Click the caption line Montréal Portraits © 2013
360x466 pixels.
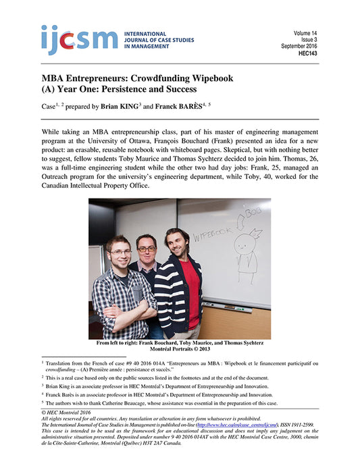coord(180,350)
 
